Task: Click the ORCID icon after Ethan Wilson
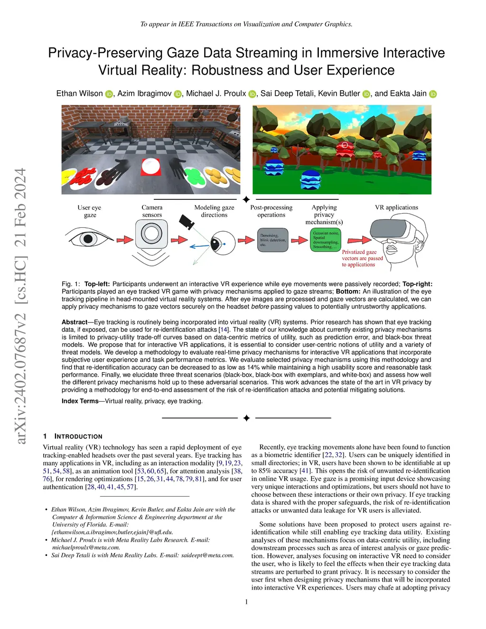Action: pyautogui.click(x=109, y=94)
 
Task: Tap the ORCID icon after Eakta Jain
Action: pyautogui.click(x=433, y=94)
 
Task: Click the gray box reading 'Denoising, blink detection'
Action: pyautogui.click(x=273, y=240)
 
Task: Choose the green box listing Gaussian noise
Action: pyautogui.click(x=326, y=240)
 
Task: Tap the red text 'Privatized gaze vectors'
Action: pyautogui.click(x=362, y=258)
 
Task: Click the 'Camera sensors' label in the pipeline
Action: pyautogui.click(x=152, y=211)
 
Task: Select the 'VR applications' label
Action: pyautogui.click(x=396, y=207)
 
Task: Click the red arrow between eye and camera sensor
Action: pyautogui.click(x=124, y=240)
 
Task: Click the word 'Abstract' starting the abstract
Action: pyautogui.click(x=75, y=322)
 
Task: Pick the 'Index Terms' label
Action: pyautogui.click(x=80, y=401)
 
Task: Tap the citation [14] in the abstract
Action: pyautogui.click(x=224, y=329)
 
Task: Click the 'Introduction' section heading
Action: pyautogui.click(x=78, y=436)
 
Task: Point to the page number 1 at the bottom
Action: pyautogui.click(x=246, y=602)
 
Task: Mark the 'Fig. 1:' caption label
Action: pyautogui.click(x=71, y=284)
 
